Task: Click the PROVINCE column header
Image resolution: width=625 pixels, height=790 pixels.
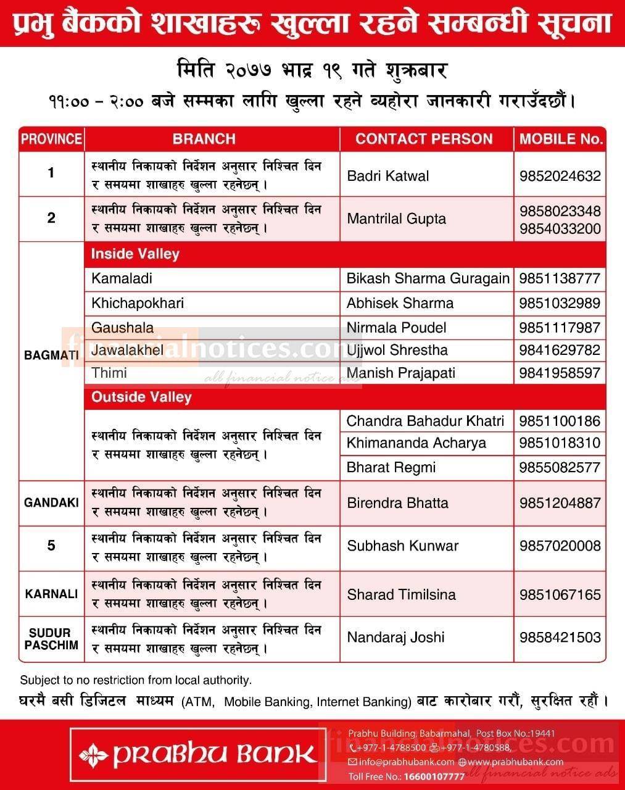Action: [51, 139]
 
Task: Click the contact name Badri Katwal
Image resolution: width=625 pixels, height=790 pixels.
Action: [387, 176]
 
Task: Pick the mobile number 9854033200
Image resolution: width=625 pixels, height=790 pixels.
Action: [560, 228]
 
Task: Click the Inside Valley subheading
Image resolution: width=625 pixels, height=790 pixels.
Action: [135, 254]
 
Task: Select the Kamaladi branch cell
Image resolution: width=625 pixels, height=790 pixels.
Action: [122, 278]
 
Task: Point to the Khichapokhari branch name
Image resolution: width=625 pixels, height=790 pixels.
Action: [138, 303]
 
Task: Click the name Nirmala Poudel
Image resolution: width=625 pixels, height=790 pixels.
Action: [396, 328]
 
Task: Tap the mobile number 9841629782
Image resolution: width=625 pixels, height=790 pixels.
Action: [560, 350]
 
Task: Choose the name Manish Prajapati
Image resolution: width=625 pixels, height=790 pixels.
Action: [401, 373]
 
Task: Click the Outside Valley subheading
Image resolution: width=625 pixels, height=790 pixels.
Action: [141, 397]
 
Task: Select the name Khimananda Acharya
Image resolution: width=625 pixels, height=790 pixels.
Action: [416, 443]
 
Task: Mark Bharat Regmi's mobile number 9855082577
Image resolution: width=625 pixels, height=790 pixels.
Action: [560, 467]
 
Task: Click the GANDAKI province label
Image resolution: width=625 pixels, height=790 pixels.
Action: [51, 502]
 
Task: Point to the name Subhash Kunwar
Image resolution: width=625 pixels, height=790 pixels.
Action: [402, 546]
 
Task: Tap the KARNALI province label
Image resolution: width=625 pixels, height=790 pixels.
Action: [51, 594]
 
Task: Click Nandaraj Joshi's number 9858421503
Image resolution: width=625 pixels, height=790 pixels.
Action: [560, 637]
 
